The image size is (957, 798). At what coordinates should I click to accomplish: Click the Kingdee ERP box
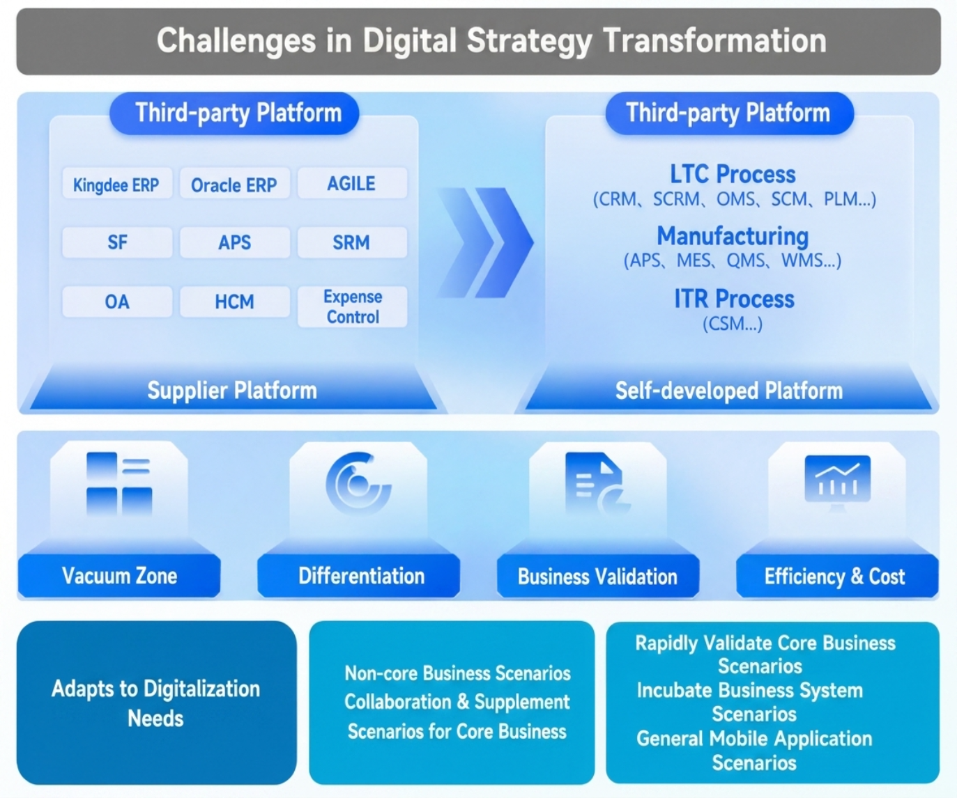click(117, 184)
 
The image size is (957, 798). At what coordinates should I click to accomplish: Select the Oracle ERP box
click(234, 184)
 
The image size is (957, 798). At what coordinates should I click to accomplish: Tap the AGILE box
click(352, 184)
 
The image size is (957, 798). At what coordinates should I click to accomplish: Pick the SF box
click(117, 242)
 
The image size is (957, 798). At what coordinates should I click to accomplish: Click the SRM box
click(352, 242)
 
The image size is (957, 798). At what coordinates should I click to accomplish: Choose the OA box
click(117, 302)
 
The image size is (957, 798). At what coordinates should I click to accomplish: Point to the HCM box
click(234, 302)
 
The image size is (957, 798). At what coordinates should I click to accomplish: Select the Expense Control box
click(352, 307)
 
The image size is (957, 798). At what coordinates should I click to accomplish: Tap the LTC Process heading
click(733, 175)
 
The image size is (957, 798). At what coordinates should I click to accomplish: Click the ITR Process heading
click(734, 299)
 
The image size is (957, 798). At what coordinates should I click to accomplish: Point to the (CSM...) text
click(733, 324)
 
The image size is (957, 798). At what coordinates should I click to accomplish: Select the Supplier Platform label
click(232, 391)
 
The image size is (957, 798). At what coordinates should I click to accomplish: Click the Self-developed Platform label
click(729, 391)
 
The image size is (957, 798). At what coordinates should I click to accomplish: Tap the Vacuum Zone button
click(119, 575)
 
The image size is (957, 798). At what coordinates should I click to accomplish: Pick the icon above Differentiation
click(358, 484)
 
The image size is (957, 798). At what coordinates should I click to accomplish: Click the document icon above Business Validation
click(598, 483)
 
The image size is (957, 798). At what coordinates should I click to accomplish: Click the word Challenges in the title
click(236, 41)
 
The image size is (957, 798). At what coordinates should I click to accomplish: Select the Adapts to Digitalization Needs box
click(157, 703)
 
